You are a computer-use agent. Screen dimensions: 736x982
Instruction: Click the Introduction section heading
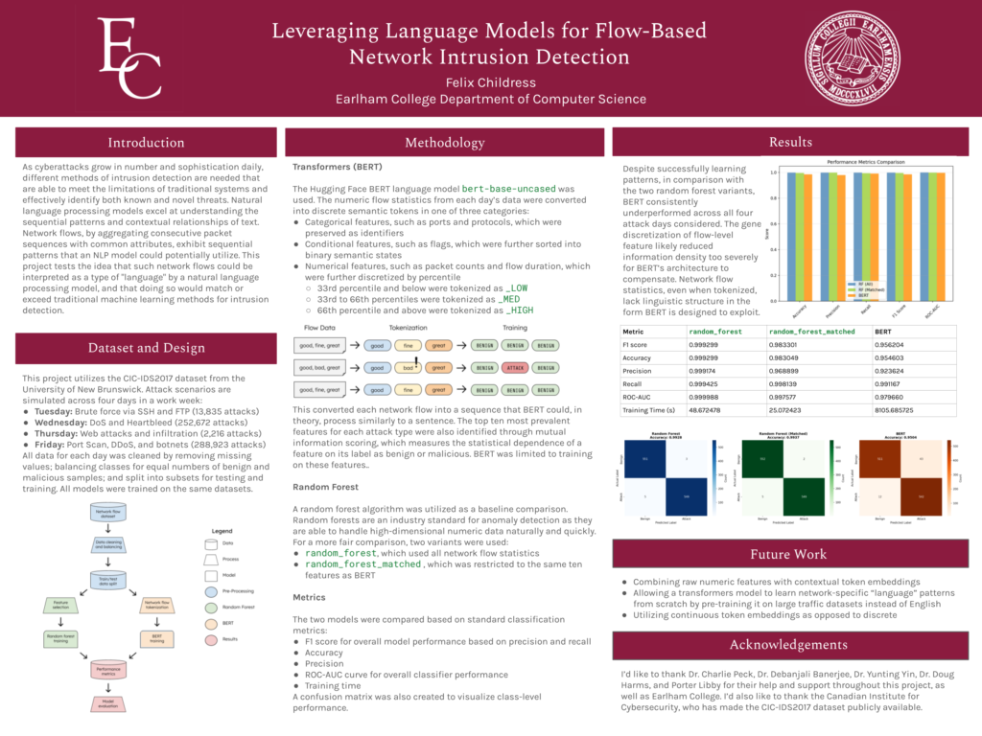(146, 143)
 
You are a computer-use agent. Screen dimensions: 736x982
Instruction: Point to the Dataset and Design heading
(146, 348)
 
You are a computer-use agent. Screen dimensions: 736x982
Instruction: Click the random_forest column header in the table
(716, 331)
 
